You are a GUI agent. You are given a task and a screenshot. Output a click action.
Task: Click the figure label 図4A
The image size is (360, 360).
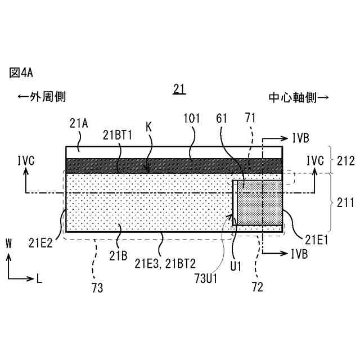(x=22, y=73)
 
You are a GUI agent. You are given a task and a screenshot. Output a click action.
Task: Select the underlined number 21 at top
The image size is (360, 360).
(x=179, y=88)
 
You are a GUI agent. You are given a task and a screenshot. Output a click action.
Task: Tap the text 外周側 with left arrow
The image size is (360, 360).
(x=42, y=97)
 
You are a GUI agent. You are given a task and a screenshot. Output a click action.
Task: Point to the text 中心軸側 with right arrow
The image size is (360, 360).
(x=298, y=97)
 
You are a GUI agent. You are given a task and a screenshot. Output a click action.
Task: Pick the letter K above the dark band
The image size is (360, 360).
(x=148, y=127)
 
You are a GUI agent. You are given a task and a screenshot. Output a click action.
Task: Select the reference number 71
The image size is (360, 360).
(x=251, y=119)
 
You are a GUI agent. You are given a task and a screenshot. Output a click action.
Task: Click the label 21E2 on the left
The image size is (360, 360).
(x=41, y=243)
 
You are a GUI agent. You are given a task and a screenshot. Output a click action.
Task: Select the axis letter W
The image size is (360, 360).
(x=8, y=243)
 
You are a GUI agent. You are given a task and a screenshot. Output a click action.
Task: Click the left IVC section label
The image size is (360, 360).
(x=26, y=161)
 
